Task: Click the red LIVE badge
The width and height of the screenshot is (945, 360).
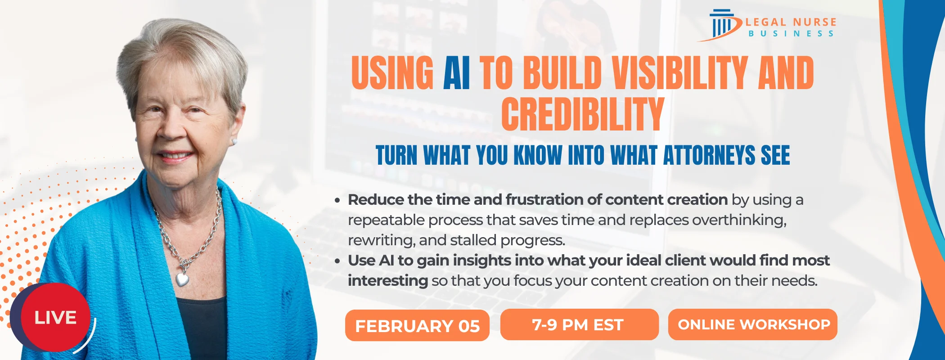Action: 55,317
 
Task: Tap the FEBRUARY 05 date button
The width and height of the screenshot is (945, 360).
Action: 417,325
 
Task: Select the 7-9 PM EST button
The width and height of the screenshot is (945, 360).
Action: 579,324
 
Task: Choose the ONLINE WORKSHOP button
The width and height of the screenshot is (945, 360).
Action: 753,324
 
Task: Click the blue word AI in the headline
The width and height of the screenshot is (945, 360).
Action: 456,73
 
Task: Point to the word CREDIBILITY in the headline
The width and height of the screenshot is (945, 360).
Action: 582,114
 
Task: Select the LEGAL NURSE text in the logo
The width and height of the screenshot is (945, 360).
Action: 791,22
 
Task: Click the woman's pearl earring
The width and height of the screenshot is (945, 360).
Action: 234,141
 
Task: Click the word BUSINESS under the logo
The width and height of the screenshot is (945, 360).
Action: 791,34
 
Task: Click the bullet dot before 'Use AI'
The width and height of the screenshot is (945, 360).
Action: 337,261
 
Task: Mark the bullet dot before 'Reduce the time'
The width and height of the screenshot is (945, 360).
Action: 337,201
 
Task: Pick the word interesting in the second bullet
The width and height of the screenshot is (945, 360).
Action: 387,281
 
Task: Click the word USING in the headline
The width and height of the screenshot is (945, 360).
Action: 392,73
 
